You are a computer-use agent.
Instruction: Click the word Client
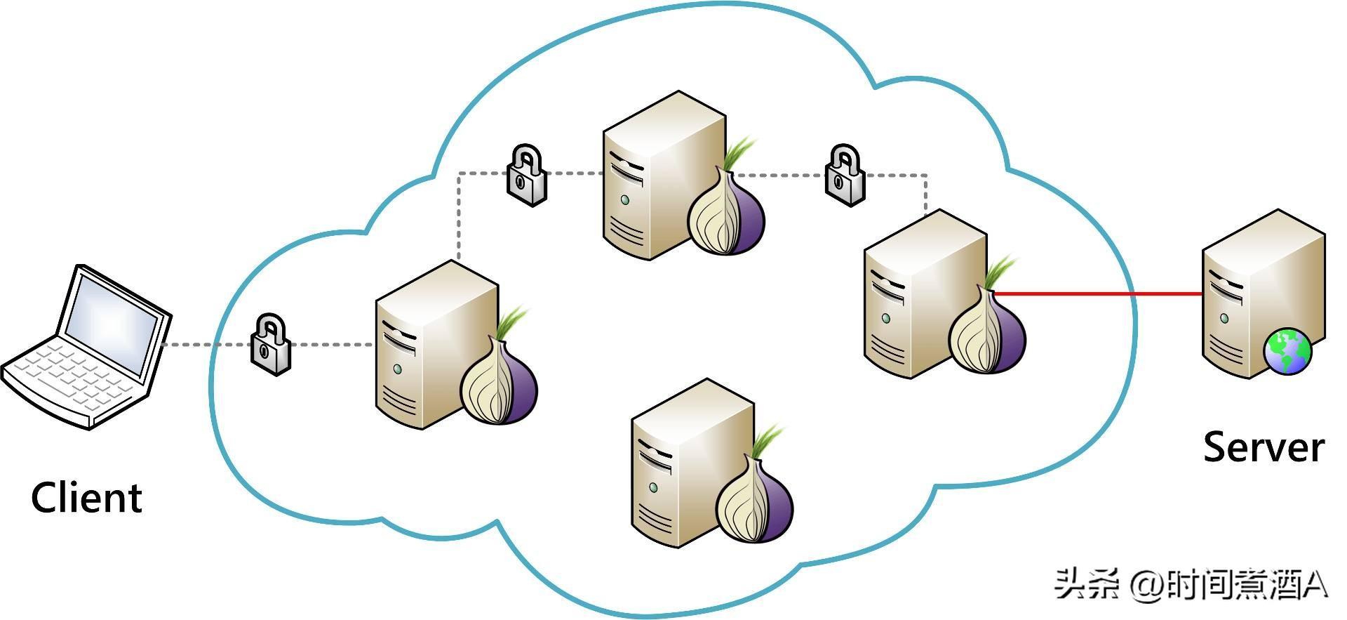(x=86, y=498)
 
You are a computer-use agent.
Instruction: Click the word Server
(x=1264, y=447)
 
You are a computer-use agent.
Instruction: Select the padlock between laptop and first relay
(x=271, y=345)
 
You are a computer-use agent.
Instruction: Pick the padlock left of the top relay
(x=526, y=175)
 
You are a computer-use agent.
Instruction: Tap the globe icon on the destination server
(x=1288, y=352)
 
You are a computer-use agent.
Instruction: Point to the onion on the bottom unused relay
(x=754, y=501)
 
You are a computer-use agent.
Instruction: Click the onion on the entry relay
(x=499, y=383)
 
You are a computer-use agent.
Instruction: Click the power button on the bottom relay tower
(x=654, y=487)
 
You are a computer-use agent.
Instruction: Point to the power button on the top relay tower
(x=625, y=199)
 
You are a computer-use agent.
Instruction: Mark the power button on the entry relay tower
(x=398, y=369)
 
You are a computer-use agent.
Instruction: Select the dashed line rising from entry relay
(x=459, y=218)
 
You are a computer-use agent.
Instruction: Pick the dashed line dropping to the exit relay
(x=926, y=193)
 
